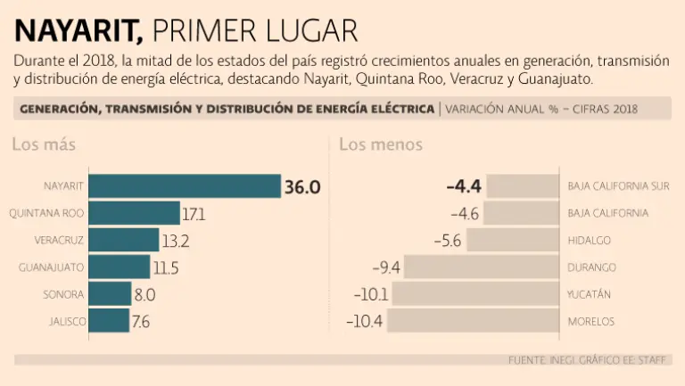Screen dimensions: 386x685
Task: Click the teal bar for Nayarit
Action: pos(185,186)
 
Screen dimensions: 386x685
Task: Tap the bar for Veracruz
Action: pos(125,241)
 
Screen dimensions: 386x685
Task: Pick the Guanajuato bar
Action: pos(120,267)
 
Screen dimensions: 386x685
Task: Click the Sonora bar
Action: pos(110,294)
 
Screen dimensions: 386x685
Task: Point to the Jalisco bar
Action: pos(109,321)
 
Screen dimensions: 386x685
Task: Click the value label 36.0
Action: pos(302,187)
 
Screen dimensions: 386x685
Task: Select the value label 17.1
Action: pos(194,215)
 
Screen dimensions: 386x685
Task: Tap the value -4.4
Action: pos(464,187)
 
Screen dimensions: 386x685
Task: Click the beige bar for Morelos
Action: pos(473,321)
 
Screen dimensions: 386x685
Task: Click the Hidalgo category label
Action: pos(589,241)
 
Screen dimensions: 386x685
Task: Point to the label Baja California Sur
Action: pos(618,187)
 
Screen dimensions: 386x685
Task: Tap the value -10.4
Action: pos(366,321)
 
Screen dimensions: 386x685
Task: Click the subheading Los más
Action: pos(44,144)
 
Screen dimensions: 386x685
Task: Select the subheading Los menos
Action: pos(381,144)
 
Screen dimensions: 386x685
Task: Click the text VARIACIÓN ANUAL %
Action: pos(503,110)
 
